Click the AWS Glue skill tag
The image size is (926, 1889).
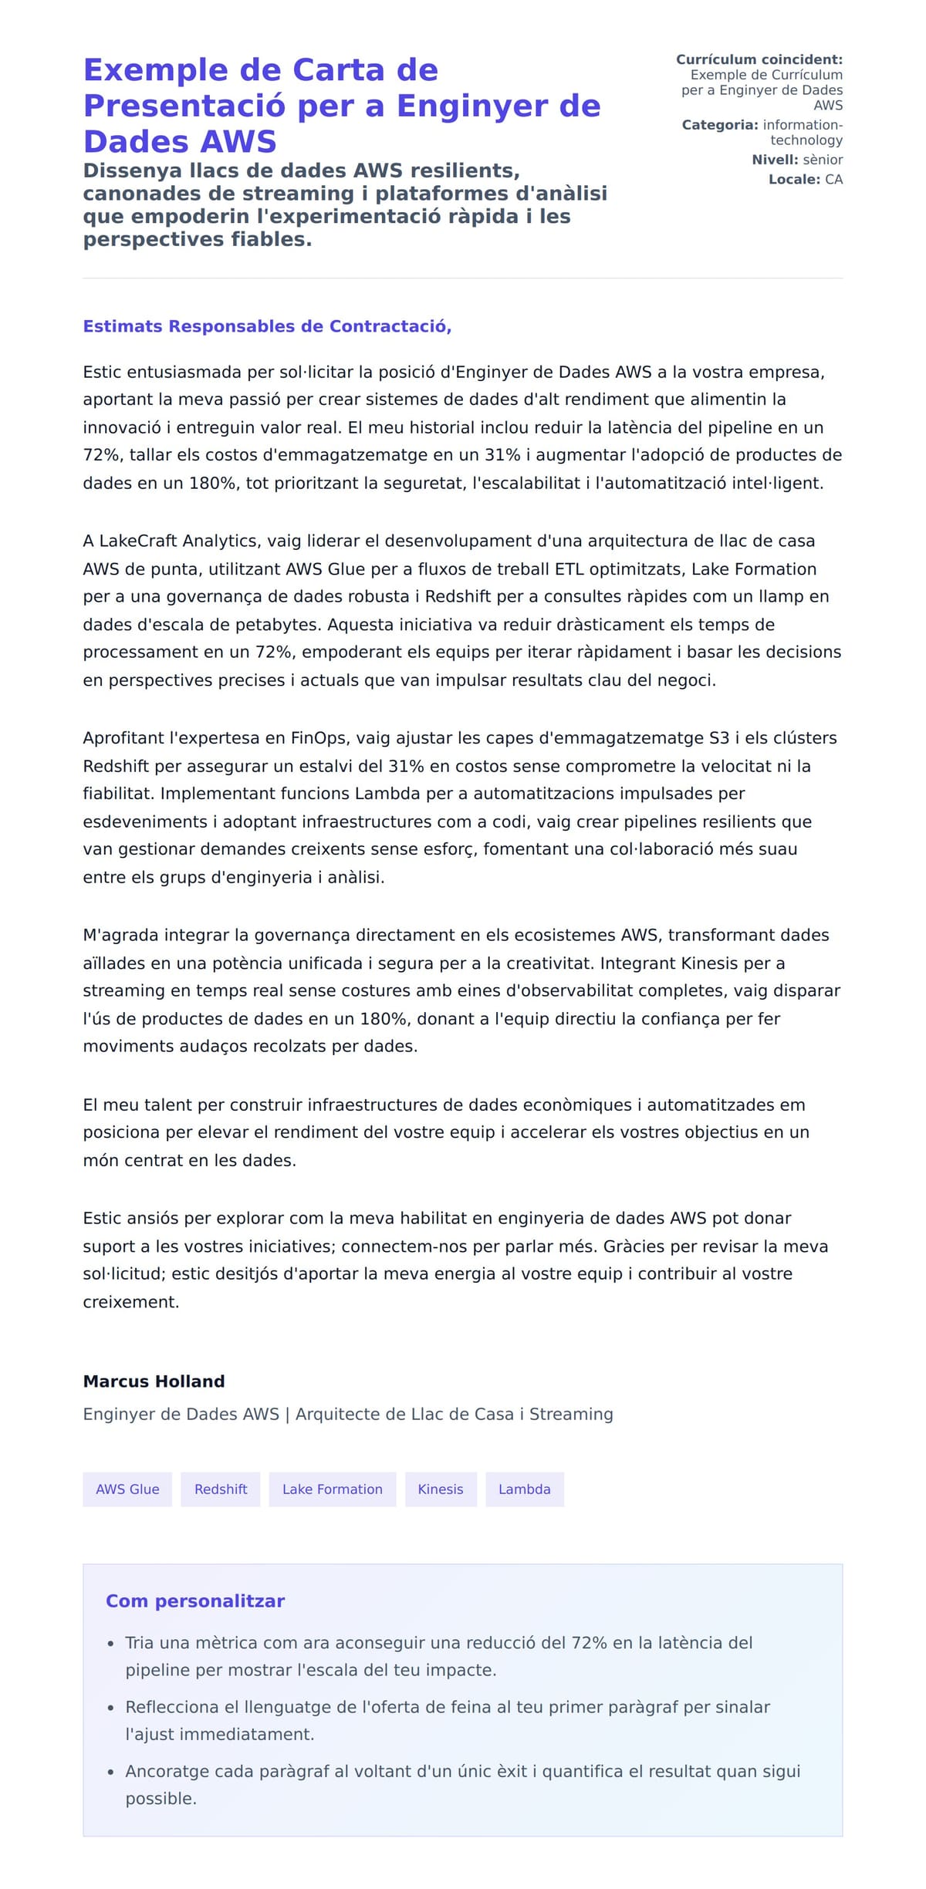click(127, 1489)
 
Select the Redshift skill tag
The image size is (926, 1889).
click(221, 1489)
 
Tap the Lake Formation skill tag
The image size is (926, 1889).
click(332, 1489)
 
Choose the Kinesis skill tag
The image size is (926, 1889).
click(441, 1489)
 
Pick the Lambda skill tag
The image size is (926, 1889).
click(524, 1489)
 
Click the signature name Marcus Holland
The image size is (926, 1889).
click(154, 1381)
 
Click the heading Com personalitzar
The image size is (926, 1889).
click(195, 1601)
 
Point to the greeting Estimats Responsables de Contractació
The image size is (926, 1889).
click(267, 326)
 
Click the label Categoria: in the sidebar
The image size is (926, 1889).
click(719, 125)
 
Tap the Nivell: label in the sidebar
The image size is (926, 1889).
click(775, 160)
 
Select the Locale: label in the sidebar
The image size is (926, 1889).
click(794, 180)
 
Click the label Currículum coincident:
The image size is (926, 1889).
click(759, 59)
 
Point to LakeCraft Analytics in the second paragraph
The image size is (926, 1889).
click(171, 541)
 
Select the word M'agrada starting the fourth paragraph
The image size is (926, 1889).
click(120, 936)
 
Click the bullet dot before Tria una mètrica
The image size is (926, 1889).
click(111, 1644)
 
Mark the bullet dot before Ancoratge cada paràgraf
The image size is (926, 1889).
click(111, 1772)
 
